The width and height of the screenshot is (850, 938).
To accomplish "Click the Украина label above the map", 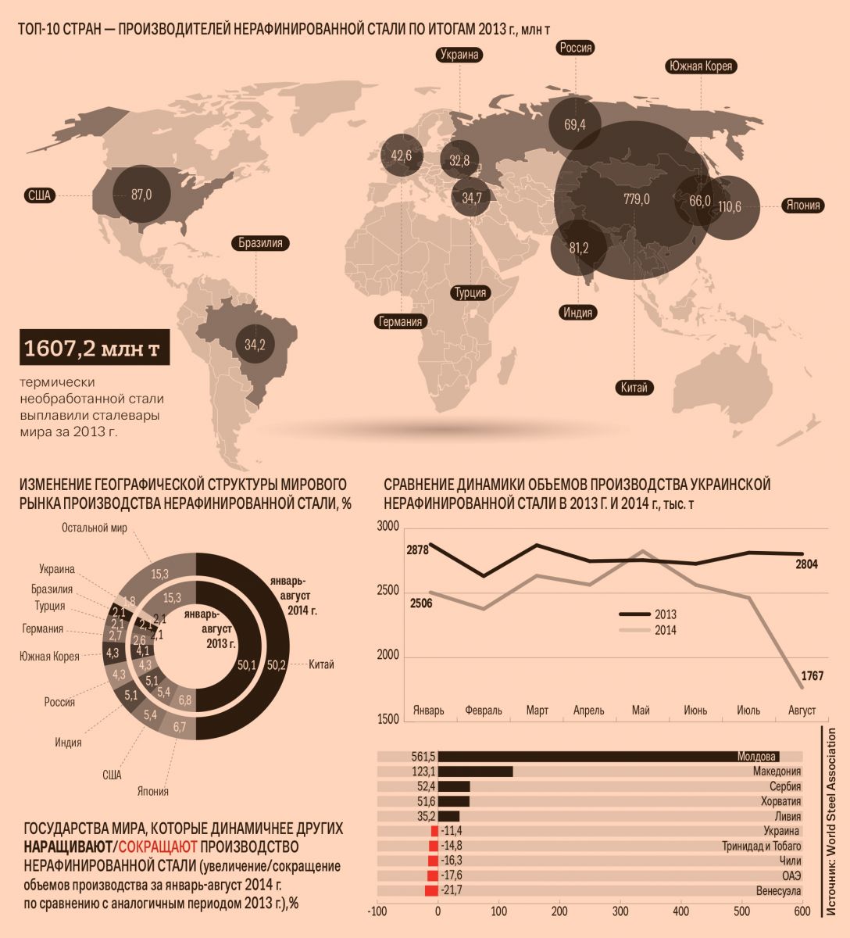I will [x=459, y=55].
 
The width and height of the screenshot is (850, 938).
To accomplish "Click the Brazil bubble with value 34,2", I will [x=255, y=345].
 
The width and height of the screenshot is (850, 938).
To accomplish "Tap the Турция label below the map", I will [x=470, y=292].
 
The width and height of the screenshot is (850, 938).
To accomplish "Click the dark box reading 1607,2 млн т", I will [x=93, y=349].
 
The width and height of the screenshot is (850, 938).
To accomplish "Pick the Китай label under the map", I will [x=634, y=387].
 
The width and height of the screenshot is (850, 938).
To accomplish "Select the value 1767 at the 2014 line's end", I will [x=810, y=675].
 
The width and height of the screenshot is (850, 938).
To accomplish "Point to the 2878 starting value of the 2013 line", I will [x=417, y=550].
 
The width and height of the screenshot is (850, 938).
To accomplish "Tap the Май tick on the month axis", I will [x=641, y=711].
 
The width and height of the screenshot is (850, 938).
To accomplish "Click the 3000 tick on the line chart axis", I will [x=388, y=526].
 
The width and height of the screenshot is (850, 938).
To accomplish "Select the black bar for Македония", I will [x=475, y=772].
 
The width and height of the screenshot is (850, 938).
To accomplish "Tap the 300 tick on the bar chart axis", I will [x=620, y=911].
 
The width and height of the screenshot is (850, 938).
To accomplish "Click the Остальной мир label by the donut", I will [x=94, y=528].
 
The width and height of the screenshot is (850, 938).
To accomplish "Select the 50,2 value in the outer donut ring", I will [x=277, y=665].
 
